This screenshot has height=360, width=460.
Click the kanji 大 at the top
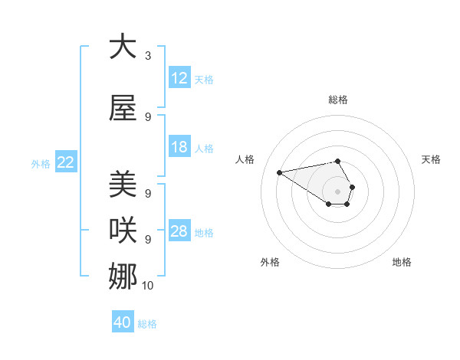(x=123, y=47)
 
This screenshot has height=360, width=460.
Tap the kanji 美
(x=123, y=185)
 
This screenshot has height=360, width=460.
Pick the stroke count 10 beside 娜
(x=148, y=285)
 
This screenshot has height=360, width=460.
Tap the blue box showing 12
(x=179, y=78)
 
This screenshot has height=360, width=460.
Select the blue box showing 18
(x=179, y=147)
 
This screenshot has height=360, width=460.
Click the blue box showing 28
(x=179, y=231)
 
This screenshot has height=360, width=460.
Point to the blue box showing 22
(x=65, y=162)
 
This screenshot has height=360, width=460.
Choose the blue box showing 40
(x=122, y=322)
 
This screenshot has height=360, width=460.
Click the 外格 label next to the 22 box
(x=41, y=163)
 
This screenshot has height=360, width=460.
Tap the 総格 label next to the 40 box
(x=147, y=324)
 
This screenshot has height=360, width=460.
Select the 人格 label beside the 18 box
(x=204, y=149)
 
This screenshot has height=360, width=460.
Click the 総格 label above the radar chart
(x=337, y=100)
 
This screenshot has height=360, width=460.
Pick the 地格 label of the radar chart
(x=402, y=262)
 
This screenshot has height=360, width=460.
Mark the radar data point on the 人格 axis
(x=279, y=172)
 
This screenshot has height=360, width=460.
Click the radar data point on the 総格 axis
(x=337, y=161)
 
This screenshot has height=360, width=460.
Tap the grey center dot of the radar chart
(x=337, y=191)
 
